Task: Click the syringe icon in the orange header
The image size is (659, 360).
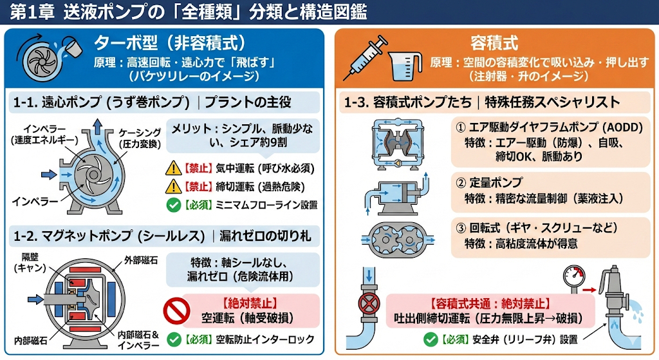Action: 365,58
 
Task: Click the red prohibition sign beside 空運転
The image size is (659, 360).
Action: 176,312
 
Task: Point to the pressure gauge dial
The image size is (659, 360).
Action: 573,276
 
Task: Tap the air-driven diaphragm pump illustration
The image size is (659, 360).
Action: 398,144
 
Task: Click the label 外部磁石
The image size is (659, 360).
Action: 141,260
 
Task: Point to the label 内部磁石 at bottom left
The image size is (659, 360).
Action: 30,340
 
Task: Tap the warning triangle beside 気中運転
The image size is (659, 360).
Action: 173,168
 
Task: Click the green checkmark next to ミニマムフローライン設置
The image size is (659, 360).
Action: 174,205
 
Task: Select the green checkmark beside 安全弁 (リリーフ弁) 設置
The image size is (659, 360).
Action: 431,339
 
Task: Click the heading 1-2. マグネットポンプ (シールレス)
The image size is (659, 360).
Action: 109,236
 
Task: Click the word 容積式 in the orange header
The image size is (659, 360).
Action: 494,43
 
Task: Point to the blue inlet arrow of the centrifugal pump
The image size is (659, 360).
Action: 49,174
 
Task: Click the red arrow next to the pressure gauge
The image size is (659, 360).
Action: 589,290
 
